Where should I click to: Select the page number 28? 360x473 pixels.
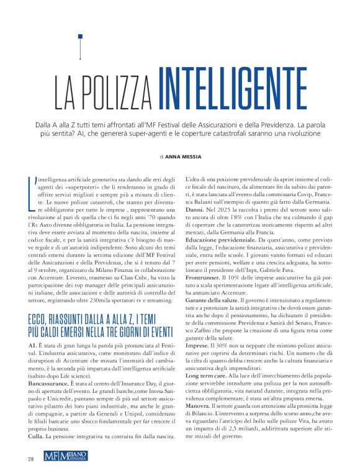point(30,459)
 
